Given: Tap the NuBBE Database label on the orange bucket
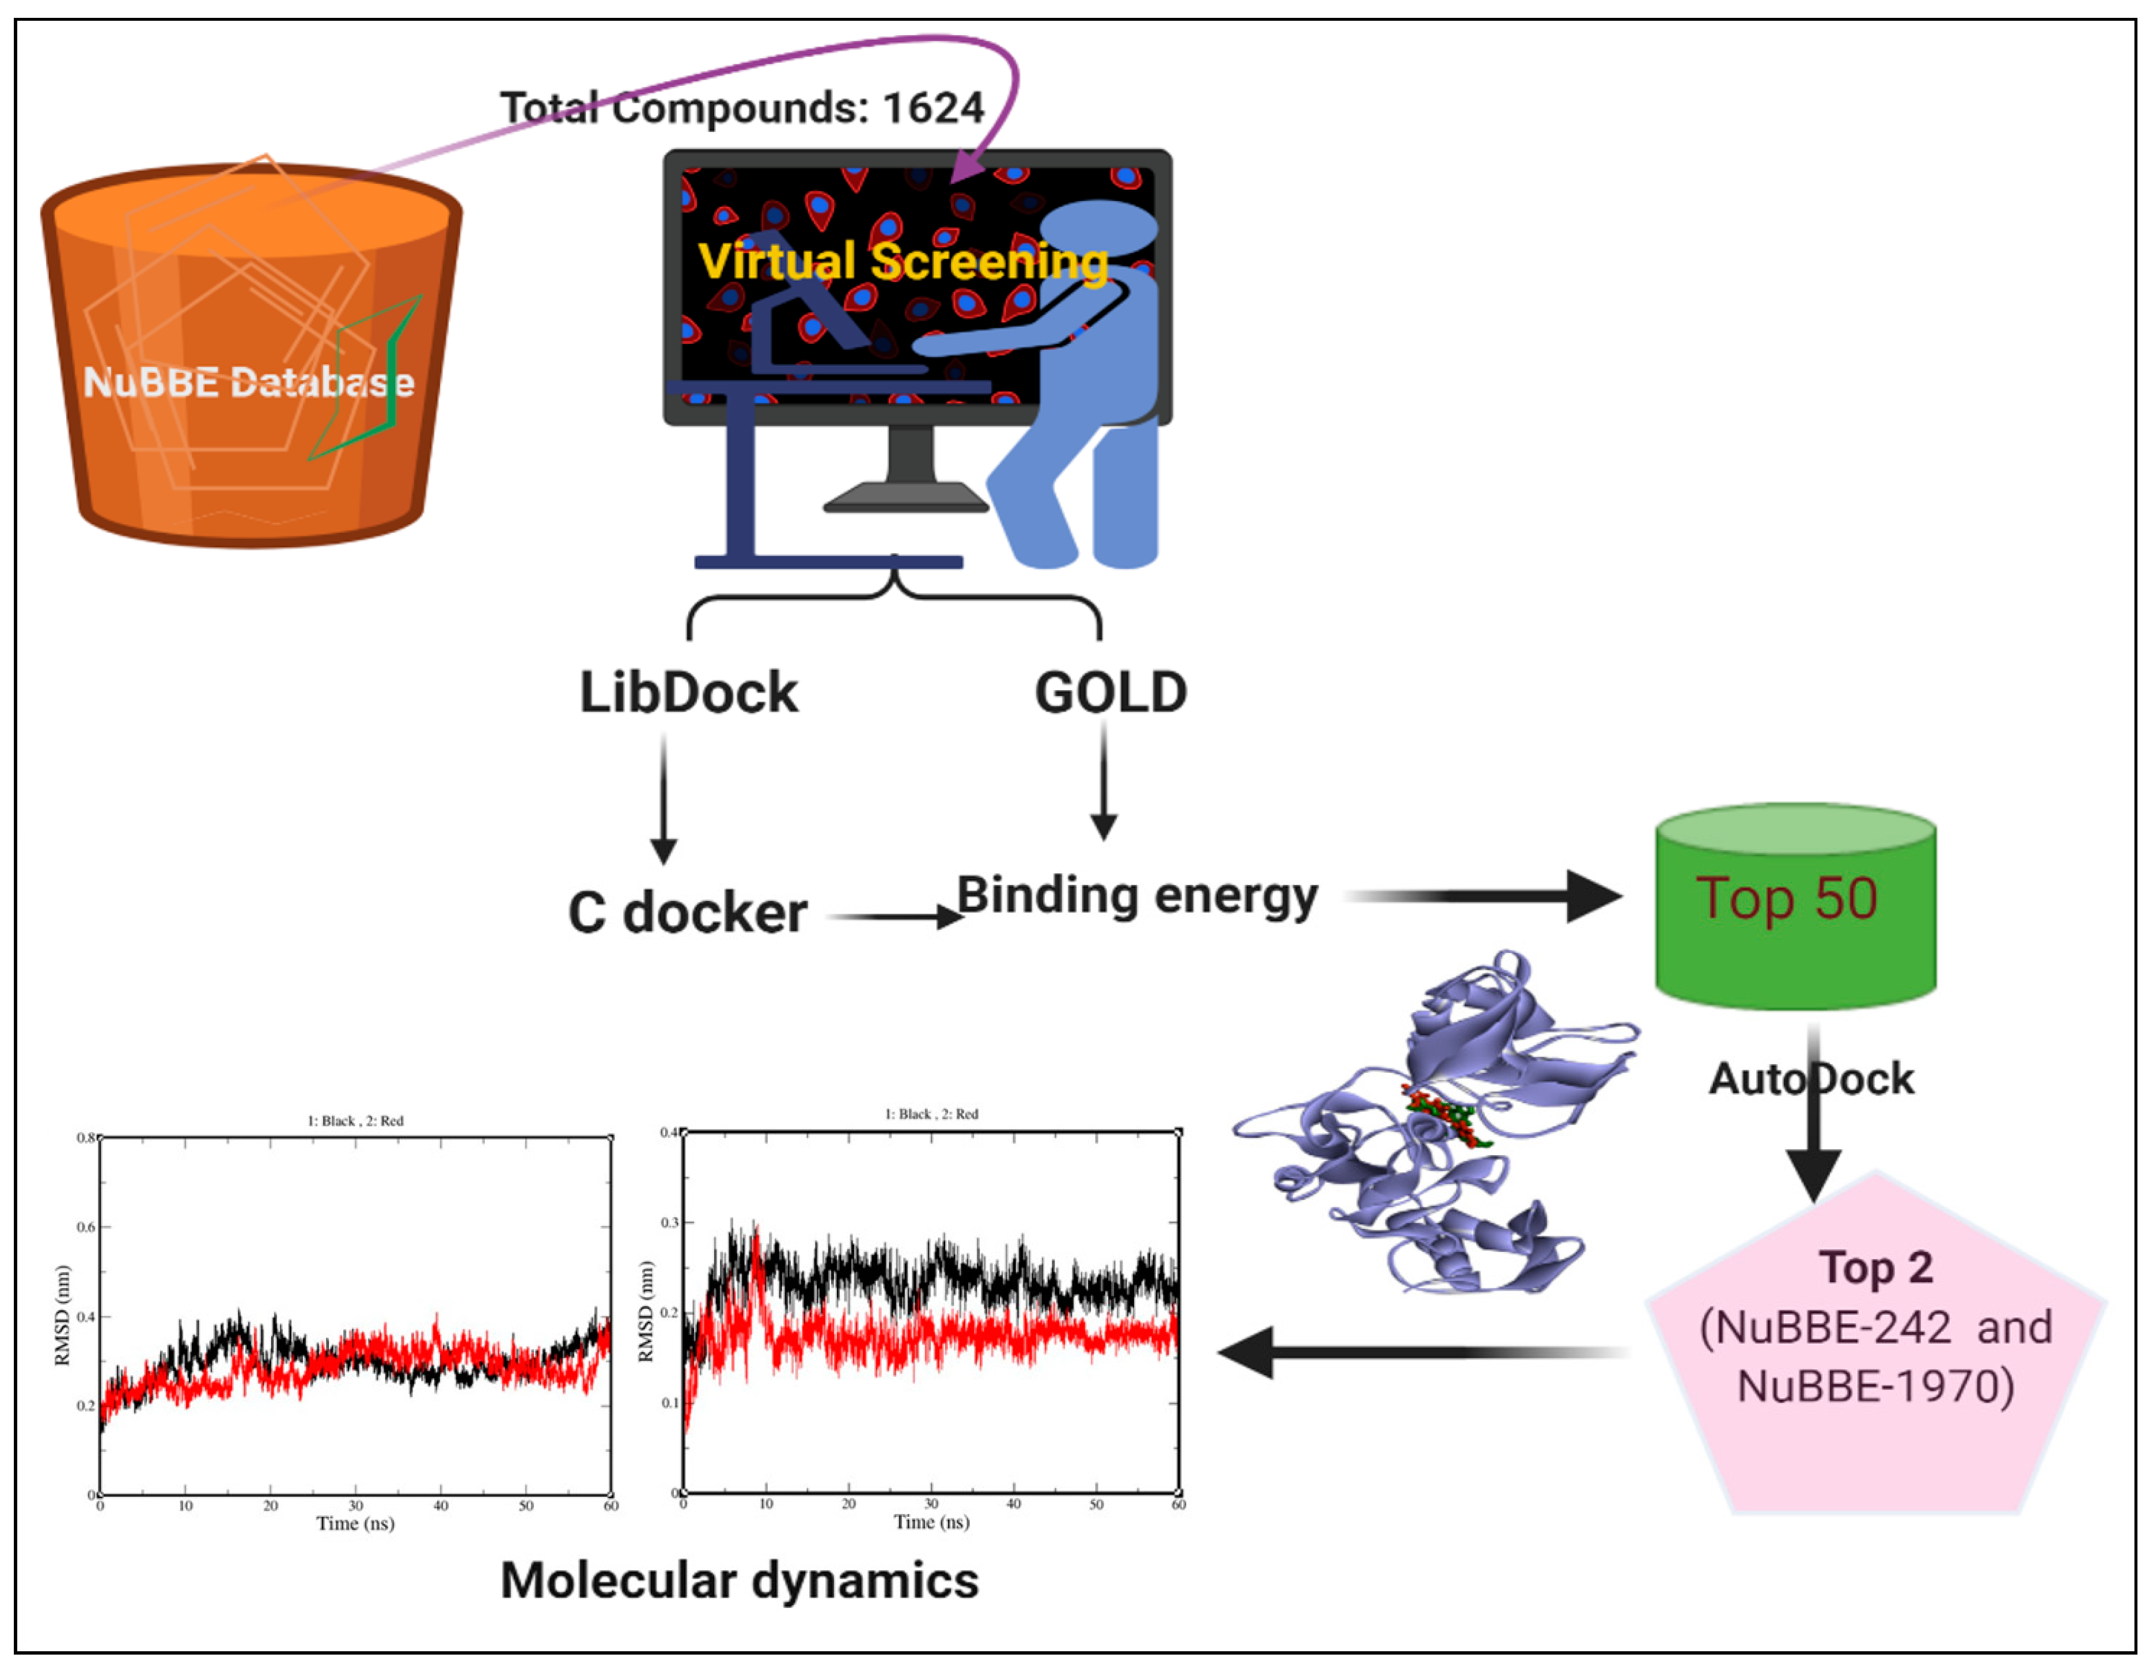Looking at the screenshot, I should [x=248, y=381].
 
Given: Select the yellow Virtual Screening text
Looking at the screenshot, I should [x=902, y=261].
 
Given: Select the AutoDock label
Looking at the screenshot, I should [x=1811, y=1078].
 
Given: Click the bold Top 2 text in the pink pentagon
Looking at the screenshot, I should [x=1876, y=1268].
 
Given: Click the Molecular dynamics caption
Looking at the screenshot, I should [x=740, y=1580].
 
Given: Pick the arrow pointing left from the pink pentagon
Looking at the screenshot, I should [x=1420, y=1352].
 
